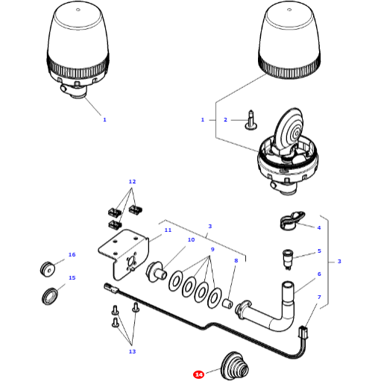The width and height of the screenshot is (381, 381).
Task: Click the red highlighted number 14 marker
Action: tap(198, 374)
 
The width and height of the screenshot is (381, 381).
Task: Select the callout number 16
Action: tap(72, 255)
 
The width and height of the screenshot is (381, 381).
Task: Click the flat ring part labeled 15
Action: tap(51, 296)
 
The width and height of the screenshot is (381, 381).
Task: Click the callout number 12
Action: tap(132, 182)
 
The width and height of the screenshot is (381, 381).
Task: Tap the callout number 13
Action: tap(132, 351)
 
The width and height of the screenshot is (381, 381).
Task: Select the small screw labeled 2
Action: tap(251, 118)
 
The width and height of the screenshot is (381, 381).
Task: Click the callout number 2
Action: tap(225, 119)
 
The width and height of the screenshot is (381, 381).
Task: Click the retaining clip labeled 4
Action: tap(289, 221)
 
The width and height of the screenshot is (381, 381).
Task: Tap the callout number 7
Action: tap(319, 297)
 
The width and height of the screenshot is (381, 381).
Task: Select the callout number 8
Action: tap(236, 261)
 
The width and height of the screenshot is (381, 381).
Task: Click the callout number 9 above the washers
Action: tap(212, 249)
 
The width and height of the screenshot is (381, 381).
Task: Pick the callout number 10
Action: tap(191, 240)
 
